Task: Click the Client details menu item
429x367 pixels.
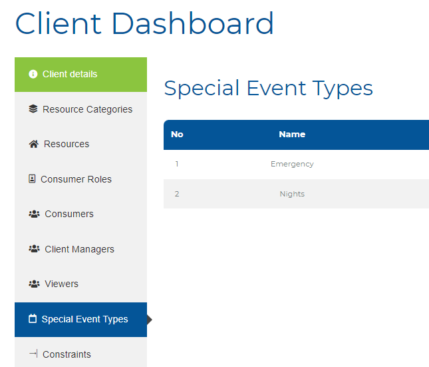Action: coord(80,75)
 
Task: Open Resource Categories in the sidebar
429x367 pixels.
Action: coord(80,109)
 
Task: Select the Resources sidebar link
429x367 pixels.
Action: coord(80,144)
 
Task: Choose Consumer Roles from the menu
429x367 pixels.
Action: coord(80,179)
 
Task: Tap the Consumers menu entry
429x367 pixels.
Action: coord(80,214)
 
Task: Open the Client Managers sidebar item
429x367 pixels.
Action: coord(80,249)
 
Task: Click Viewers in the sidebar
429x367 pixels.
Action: coord(80,284)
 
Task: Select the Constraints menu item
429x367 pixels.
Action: coord(80,354)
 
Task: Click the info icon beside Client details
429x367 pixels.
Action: coord(33,74)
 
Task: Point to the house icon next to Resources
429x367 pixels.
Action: coord(34,144)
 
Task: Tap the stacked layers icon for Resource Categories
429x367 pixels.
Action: coord(33,109)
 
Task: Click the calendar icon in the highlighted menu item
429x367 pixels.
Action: coord(33,318)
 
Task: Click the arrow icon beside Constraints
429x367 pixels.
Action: coord(33,354)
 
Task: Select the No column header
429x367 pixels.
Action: coord(177,135)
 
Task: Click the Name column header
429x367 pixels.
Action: coord(292,135)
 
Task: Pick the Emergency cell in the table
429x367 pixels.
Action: coord(292,164)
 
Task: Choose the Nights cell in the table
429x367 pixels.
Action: coord(292,194)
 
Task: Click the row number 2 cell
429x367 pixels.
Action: coord(177,194)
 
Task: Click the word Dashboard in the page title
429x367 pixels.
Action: coord(193,23)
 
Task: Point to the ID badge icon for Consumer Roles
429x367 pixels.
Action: coord(32,179)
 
